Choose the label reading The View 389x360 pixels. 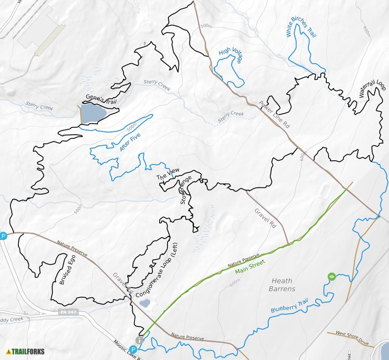point(168,174)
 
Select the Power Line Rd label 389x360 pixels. point(275,114)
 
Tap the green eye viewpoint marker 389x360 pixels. point(332,276)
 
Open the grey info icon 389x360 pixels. point(140,339)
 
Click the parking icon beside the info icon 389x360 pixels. point(134,349)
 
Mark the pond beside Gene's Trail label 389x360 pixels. point(93,113)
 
